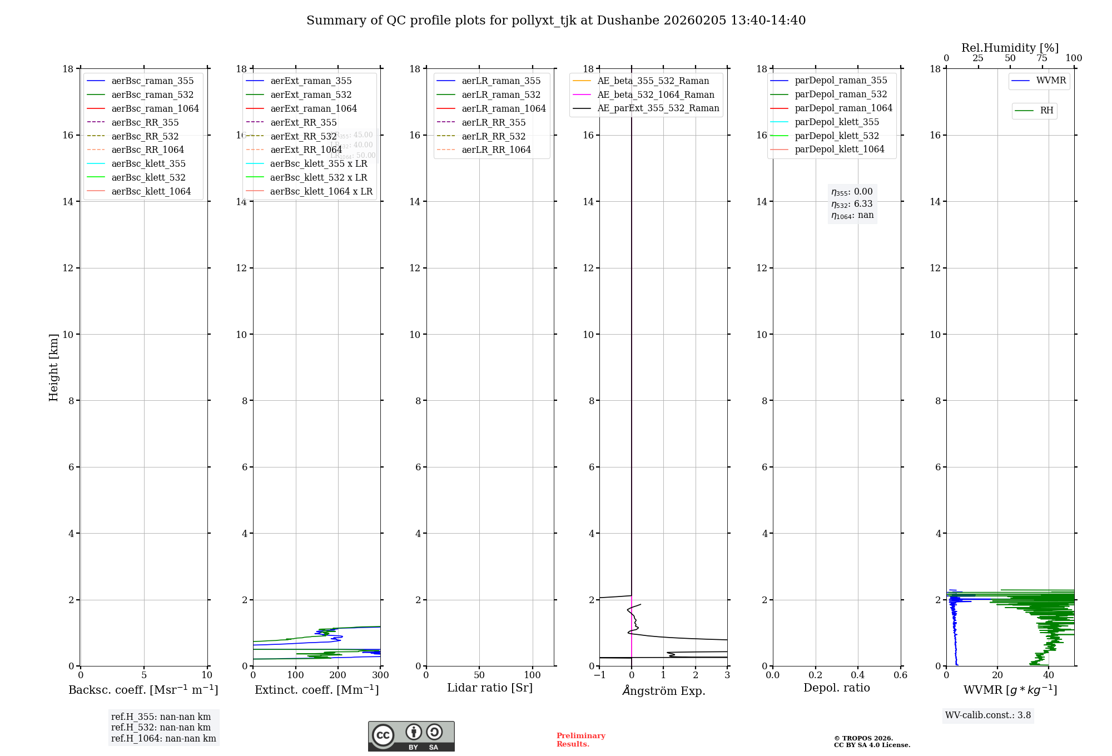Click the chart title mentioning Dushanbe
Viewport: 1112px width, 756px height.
pos(556,21)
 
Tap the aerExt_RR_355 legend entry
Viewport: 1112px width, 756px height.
pos(303,122)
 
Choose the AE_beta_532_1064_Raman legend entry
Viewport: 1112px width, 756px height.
pos(656,94)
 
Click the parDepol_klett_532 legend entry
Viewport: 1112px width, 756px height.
pos(836,136)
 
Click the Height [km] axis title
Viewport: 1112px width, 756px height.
pos(53,367)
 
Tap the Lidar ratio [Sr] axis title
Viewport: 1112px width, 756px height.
pos(490,688)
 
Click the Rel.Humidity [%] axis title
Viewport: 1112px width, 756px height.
pos(1010,48)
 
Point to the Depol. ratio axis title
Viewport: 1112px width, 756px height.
pos(836,688)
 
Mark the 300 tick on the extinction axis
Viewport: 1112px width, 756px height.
pos(380,675)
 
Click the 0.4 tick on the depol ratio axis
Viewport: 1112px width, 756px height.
pos(858,675)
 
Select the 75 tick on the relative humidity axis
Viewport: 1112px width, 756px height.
pos(1042,58)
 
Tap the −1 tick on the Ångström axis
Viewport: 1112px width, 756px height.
pos(599,675)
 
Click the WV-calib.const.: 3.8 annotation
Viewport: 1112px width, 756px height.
pos(987,715)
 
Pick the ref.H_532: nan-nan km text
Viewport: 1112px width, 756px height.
pos(161,728)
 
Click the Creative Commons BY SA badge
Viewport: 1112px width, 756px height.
pos(411,736)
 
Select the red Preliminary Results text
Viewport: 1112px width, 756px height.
pos(580,740)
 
